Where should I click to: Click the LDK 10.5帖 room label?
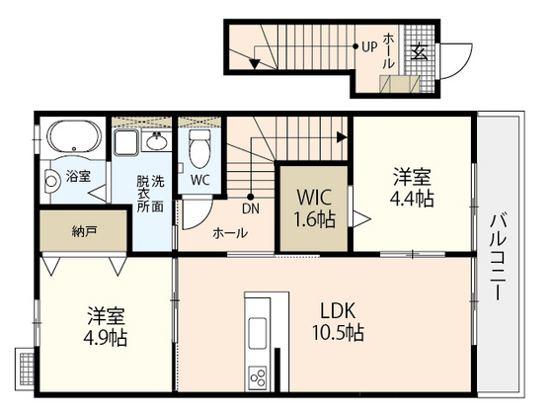coord(338,321)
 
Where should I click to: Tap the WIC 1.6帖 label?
coord(314,208)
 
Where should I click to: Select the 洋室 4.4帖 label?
coord(412,188)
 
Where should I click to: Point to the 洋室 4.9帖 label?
coord(106,326)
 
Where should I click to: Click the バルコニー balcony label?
coord(498,256)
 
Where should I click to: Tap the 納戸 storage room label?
coord(84,231)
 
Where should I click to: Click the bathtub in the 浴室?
coord(74,137)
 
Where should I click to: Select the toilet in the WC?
coord(199,148)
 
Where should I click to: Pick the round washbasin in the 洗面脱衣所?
coord(157,142)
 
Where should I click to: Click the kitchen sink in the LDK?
coord(258,333)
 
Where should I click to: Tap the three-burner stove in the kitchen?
coord(258,377)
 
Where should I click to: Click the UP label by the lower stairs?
coord(369,46)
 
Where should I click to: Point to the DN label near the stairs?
coord(251,208)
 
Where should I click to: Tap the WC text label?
coord(199,180)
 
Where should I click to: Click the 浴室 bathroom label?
coord(78,176)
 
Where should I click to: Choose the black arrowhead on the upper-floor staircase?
coord(341,137)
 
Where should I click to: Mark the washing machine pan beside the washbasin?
coord(126,142)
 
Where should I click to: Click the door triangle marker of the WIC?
coord(361,218)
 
